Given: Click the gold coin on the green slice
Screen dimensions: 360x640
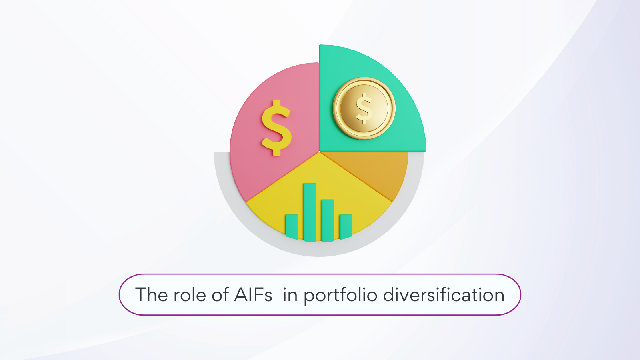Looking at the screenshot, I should point(364,108).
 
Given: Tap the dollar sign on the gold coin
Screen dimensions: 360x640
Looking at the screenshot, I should point(364,108).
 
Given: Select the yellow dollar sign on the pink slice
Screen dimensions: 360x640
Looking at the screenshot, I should point(276,128).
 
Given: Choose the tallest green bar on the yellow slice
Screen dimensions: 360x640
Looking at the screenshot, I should point(310,212).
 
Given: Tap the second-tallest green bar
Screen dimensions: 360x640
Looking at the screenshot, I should point(328,220).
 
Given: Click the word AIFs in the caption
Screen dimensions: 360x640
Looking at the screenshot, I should point(253,295).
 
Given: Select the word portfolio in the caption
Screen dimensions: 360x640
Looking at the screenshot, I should point(340,295).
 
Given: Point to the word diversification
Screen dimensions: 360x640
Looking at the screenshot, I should point(444,295).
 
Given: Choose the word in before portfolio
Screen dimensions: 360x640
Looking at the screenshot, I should point(290,295).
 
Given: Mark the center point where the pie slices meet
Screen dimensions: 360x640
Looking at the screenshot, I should point(319,152).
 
